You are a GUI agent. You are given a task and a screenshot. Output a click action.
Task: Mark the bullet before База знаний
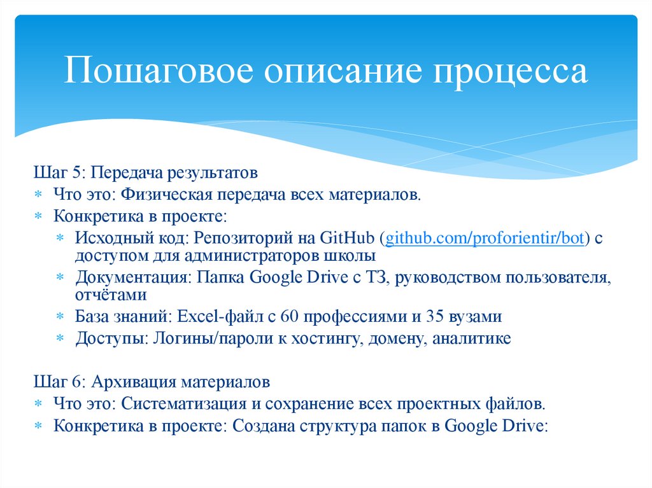pyautogui.click(x=59, y=317)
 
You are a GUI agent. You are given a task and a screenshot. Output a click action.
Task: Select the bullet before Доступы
pyautogui.click(x=59, y=338)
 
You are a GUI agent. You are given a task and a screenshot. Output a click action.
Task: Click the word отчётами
pyautogui.click(x=111, y=295)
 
